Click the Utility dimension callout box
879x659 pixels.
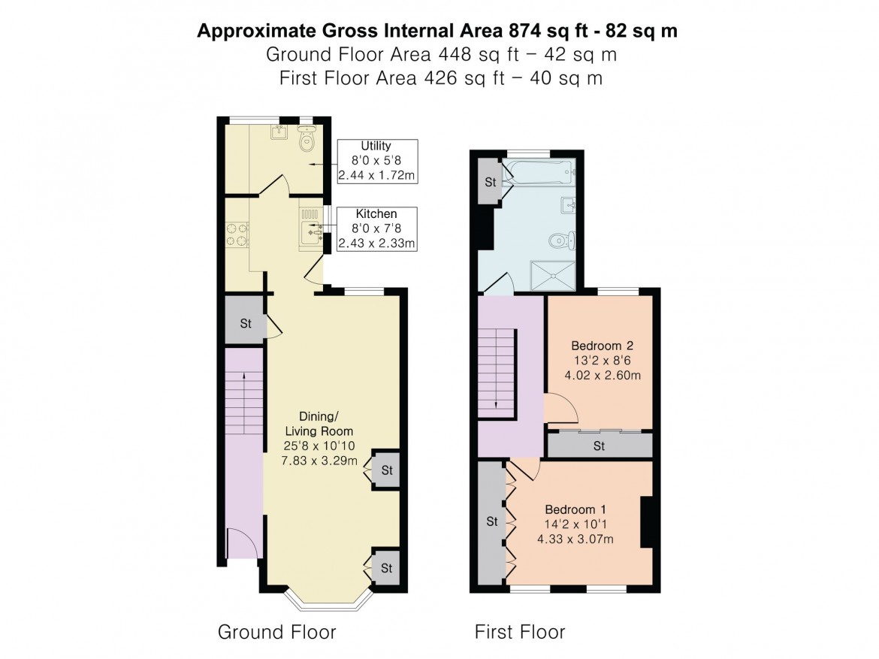click(x=376, y=161)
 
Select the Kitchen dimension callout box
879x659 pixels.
click(x=378, y=228)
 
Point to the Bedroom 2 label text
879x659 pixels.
click(x=603, y=360)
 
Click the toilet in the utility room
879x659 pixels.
click(x=307, y=141)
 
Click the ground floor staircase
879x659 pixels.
click(x=243, y=406)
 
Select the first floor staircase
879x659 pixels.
click(x=497, y=371)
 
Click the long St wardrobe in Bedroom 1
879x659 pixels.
click(x=492, y=521)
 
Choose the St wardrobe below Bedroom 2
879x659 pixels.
click(x=599, y=446)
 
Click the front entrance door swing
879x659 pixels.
click(x=241, y=543)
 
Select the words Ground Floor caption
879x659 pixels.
click(x=276, y=631)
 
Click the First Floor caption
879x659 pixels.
click(x=519, y=632)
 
